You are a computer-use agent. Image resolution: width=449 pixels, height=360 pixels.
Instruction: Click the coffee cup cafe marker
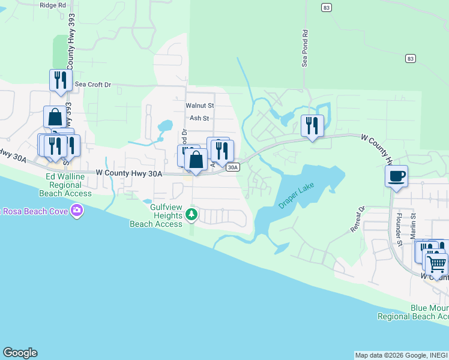(396, 176)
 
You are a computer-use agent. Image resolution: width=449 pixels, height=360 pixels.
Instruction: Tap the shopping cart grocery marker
(436, 263)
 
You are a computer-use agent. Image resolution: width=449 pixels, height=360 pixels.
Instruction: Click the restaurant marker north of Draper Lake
(312, 125)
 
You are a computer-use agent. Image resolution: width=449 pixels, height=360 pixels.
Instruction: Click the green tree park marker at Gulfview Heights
(191, 214)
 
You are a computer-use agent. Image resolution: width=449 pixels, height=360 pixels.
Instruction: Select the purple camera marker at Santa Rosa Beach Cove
(76, 211)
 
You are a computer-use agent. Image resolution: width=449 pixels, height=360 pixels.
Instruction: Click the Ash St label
(199, 118)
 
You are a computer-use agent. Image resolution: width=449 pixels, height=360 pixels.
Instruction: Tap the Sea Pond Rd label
(305, 49)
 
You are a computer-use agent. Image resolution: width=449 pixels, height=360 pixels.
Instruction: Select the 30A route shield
(234, 167)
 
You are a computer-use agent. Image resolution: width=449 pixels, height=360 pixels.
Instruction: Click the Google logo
(20, 353)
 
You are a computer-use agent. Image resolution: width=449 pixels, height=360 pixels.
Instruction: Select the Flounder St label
(397, 229)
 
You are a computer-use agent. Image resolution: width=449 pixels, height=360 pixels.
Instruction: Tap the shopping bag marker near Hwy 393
(55, 116)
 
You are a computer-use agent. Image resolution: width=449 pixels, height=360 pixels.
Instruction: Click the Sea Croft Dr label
(93, 85)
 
